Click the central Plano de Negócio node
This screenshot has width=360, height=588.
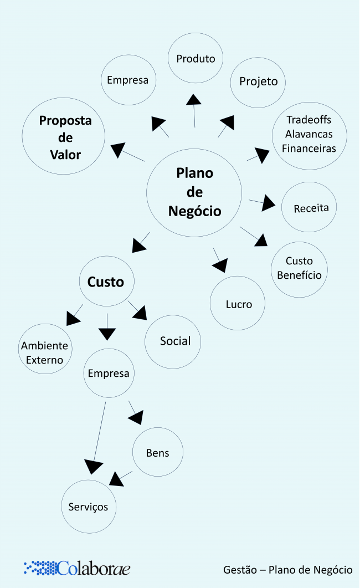coord(194,192)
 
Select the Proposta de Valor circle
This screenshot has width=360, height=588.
coord(65,137)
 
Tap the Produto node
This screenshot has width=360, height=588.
coord(196,58)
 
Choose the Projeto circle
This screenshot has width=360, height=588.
coord(258,82)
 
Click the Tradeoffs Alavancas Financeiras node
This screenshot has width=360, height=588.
coord(309,135)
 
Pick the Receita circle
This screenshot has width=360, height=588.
coord(311,208)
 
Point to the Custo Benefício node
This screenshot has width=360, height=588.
coord(299,268)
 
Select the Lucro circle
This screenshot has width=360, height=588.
coord(238,304)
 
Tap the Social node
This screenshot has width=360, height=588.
coord(174,341)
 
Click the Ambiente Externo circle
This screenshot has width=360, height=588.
coord(45,352)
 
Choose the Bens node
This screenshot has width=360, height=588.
coord(157,452)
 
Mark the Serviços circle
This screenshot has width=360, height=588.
coord(89,506)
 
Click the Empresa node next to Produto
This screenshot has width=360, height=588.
coord(128,80)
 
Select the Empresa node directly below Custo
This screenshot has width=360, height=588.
coord(109,373)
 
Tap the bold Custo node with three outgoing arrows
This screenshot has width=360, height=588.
coord(106,282)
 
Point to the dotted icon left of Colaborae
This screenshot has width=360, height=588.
coord(40,567)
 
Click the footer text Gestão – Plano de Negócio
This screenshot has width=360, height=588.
coord(287,570)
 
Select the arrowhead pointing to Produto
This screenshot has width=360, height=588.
coord(193,99)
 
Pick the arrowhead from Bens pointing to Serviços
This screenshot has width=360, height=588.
coord(116,478)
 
